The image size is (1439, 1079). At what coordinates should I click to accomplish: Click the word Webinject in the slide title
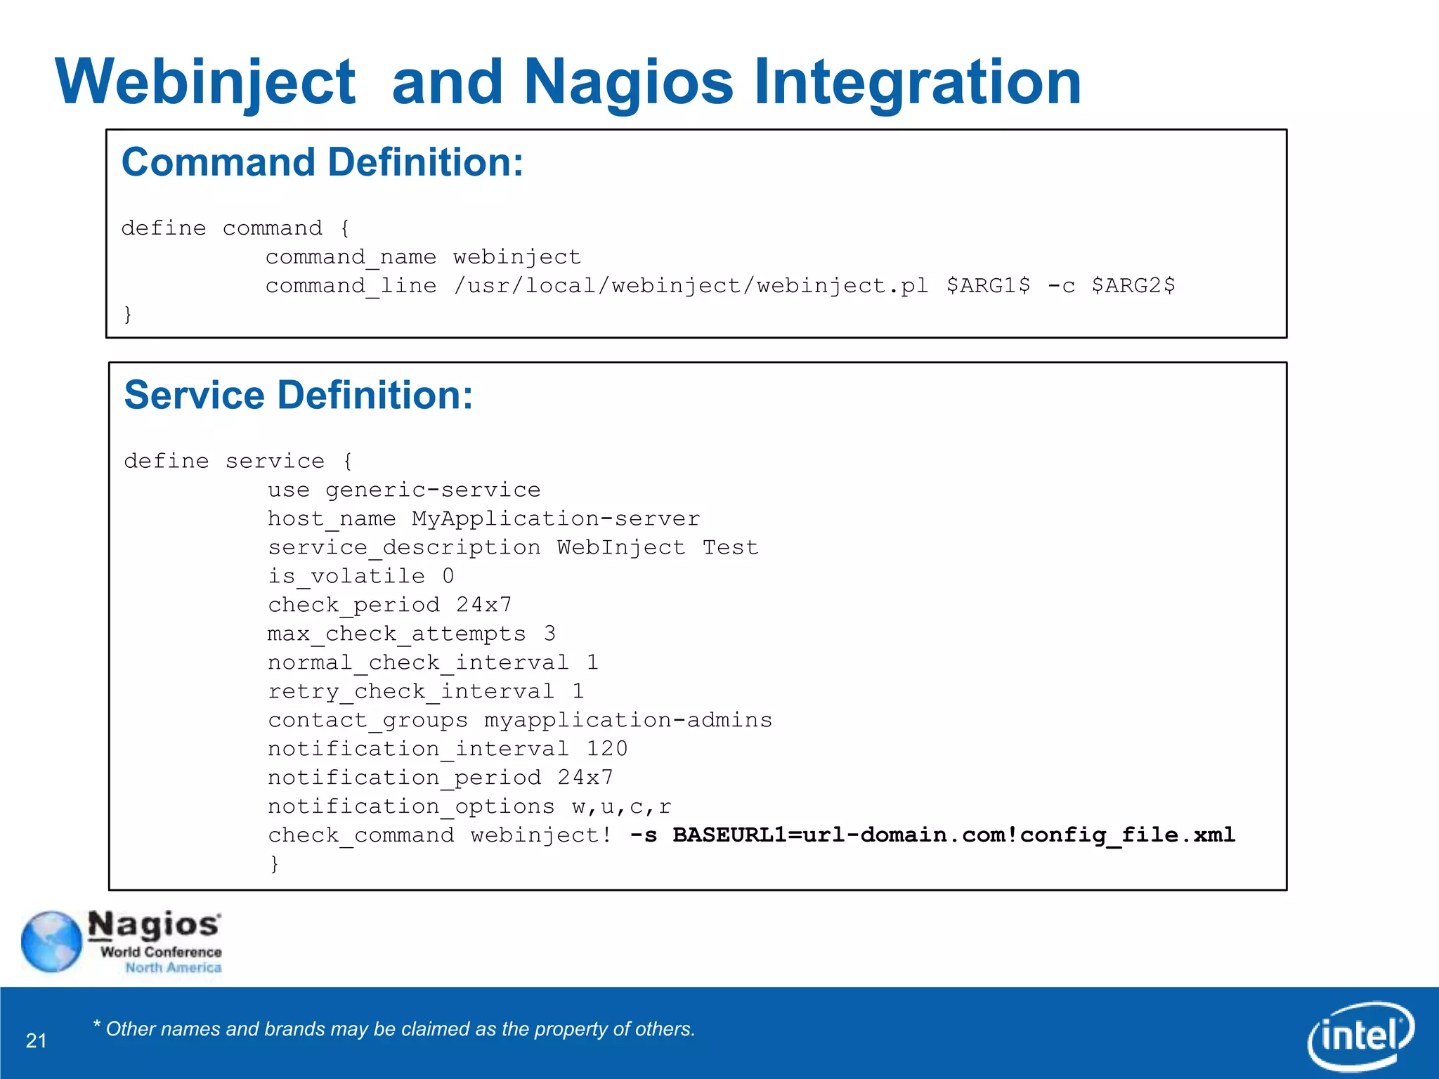[x=205, y=83]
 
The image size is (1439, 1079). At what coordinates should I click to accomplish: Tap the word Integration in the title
[x=917, y=83]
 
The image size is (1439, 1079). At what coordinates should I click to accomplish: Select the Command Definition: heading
[x=323, y=162]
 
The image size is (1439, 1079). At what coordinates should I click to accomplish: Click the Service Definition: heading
[x=299, y=395]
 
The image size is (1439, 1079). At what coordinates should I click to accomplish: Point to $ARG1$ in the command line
[x=988, y=286]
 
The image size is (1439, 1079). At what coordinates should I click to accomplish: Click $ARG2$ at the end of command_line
[x=1133, y=286]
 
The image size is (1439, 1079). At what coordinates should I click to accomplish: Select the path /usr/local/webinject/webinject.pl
[x=691, y=286]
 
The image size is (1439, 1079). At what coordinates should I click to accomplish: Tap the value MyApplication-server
[x=556, y=519]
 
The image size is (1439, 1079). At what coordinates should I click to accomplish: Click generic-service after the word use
[x=433, y=490]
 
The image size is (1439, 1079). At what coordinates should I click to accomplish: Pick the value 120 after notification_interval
[x=607, y=749]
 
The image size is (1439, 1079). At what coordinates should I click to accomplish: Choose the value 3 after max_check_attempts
[x=549, y=634]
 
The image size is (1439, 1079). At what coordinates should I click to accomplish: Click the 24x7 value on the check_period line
[x=484, y=605]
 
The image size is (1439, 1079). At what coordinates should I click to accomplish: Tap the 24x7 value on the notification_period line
[x=585, y=778]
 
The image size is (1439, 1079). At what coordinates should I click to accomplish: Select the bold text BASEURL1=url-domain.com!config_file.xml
[x=953, y=835]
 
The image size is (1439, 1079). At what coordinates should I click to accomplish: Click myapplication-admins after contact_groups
[x=628, y=720]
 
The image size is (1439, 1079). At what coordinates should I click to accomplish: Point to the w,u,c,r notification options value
[x=622, y=806]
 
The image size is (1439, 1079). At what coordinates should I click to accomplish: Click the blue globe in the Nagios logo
[x=51, y=942]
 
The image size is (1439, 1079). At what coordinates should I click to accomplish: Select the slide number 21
[x=36, y=1040]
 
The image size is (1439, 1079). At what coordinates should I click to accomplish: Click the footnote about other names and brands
[x=394, y=1029]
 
